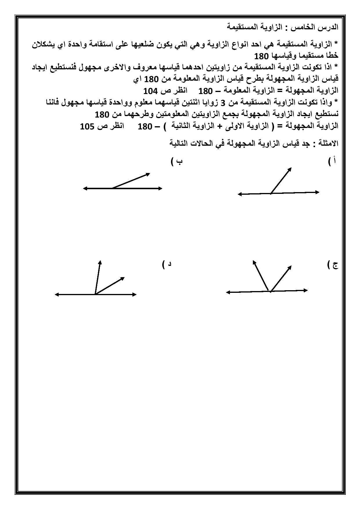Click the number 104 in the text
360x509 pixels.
coord(151,91)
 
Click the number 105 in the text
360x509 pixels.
coord(87,127)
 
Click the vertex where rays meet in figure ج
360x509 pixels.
coord(270,291)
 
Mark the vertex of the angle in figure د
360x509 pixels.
coord(95,294)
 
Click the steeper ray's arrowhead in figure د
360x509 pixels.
coord(100,262)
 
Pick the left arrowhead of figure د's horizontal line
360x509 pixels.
coord(57,295)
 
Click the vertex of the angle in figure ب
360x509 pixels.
coord(112,188)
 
